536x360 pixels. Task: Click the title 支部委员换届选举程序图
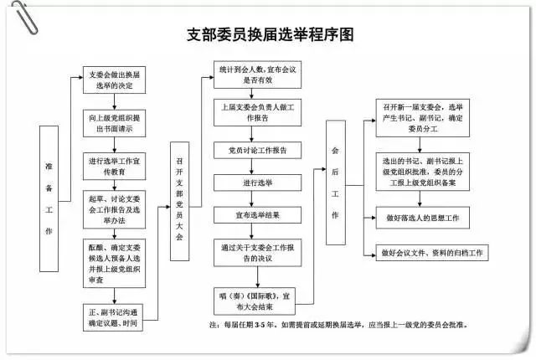click(x=270, y=35)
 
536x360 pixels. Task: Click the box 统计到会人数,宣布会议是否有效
click(x=254, y=75)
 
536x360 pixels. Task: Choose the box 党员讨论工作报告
click(x=254, y=151)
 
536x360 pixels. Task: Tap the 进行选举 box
click(x=254, y=183)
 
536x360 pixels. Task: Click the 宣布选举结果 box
click(x=254, y=215)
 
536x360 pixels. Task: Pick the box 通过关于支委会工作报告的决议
click(x=254, y=254)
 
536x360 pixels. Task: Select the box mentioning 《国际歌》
click(x=254, y=300)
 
